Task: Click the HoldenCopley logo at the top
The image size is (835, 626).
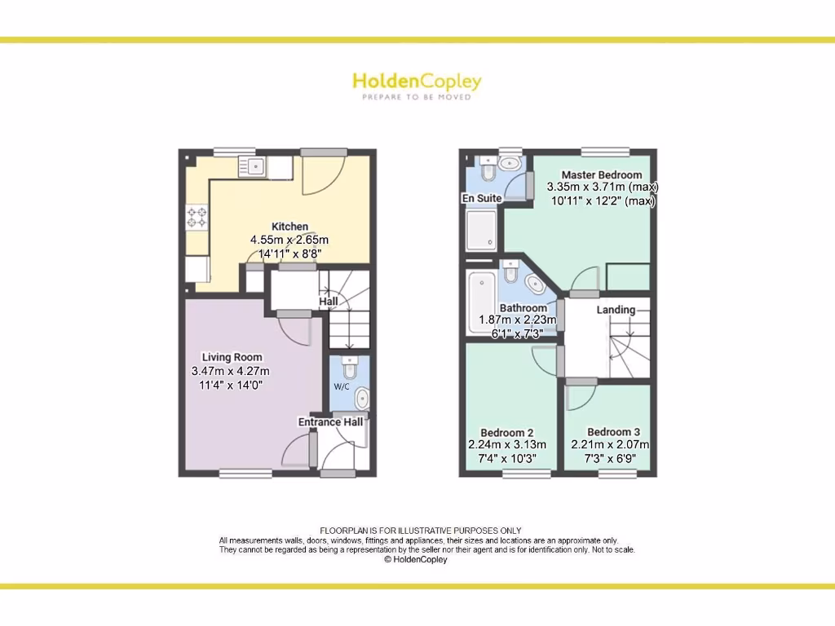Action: [417, 82]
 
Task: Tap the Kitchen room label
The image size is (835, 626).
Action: [289, 227]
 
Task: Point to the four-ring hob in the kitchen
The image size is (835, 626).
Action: [197, 217]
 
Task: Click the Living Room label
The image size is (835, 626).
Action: [232, 357]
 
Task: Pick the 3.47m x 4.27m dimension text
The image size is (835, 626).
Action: [230, 371]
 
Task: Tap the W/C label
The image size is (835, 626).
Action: [341, 386]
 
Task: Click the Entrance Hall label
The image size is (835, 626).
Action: [330, 422]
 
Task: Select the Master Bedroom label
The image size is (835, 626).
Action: [601, 174]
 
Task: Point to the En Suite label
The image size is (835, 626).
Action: [481, 198]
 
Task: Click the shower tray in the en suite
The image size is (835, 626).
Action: [481, 229]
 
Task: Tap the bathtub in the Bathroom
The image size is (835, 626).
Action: [481, 302]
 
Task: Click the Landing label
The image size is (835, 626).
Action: [616, 310]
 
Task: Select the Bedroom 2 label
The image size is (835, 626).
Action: [506, 432]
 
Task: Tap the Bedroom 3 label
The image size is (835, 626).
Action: [613, 432]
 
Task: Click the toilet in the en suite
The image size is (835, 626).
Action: [488, 172]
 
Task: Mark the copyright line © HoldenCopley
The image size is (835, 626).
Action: [416, 559]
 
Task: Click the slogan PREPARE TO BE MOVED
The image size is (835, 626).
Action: [417, 97]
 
